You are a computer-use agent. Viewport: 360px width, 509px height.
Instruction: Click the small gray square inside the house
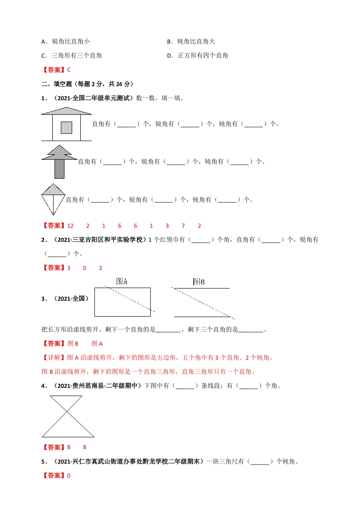pos(66,127)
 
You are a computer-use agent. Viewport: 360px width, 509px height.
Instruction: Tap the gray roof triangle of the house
pos(66,111)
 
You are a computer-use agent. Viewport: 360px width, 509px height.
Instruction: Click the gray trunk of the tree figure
pos(59,168)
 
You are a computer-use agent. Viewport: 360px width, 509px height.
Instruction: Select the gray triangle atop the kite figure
pos(53,189)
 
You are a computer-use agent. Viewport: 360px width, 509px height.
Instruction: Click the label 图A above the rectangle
pos(121,281)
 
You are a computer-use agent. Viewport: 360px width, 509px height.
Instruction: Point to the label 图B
pos(199,282)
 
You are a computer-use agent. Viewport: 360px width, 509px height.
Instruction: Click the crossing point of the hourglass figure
pos(67,412)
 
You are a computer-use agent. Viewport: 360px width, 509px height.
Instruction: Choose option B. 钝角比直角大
pos(191,41)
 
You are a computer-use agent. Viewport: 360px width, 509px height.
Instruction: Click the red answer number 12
pos(70,225)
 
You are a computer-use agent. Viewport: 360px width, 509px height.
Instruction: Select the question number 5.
pos(43,462)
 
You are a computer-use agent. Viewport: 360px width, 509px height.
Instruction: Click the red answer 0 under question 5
pos(69,475)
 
